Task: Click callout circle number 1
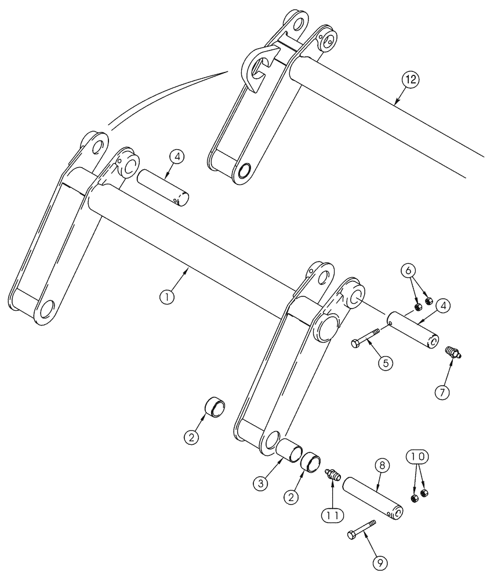tap(166, 296)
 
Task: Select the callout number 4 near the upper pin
tap(178, 157)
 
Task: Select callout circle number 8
tap(383, 466)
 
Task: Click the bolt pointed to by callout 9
tap(360, 529)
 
